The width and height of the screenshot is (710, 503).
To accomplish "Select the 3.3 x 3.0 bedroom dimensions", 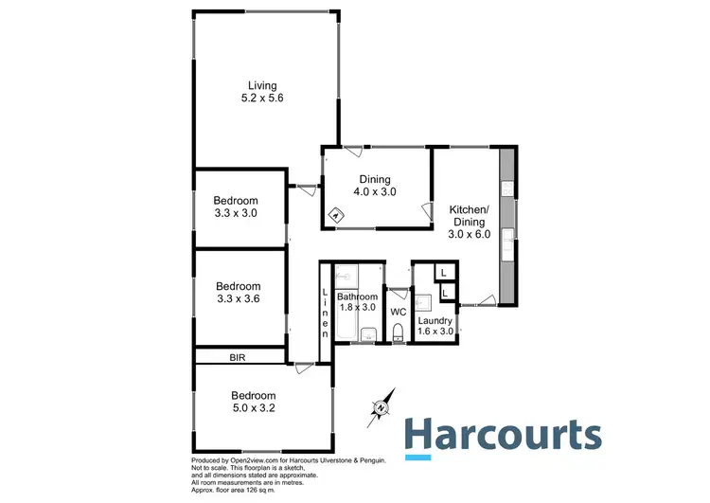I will (x=235, y=213).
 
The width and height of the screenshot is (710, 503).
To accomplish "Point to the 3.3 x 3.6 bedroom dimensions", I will (x=238, y=298).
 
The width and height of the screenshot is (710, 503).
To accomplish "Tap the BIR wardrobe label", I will (x=238, y=357).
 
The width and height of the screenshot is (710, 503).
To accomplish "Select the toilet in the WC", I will (x=398, y=330).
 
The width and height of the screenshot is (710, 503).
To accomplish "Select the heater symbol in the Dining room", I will (x=336, y=216).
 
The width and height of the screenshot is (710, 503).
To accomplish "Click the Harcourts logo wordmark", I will (x=502, y=435).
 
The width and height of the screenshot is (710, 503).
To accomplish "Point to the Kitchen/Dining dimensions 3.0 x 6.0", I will (x=469, y=234).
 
